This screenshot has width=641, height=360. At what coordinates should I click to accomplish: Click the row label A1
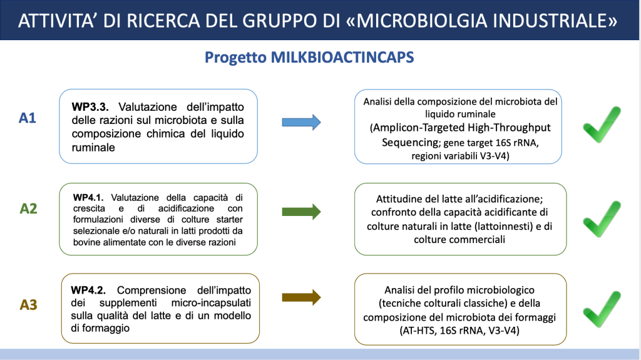tap(28, 118)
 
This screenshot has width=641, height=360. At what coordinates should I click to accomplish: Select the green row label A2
tap(28, 208)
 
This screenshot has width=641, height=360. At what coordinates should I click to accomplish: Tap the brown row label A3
tap(28, 305)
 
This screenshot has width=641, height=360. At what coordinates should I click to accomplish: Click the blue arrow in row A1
tap(301, 122)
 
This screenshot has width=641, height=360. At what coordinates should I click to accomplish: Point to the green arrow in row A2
tap(301, 212)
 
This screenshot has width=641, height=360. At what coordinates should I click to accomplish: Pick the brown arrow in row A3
tap(301, 297)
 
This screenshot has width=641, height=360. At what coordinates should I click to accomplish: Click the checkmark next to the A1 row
tap(601, 125)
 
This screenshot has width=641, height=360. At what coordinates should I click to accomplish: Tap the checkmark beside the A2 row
tap(601, 219)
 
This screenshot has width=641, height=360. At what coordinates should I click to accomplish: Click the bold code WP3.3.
tap(90, 107)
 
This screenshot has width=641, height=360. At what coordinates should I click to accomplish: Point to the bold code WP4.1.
tap(88, 198)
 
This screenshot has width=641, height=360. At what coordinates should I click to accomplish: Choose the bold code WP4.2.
tap(88, 290)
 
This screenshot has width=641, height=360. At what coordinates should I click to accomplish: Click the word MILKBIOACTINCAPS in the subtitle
tap(342, 57)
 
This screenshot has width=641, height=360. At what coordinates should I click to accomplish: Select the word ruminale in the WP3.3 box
tap(93, 147)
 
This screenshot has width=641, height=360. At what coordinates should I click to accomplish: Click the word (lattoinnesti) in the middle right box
tap(507, 226)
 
